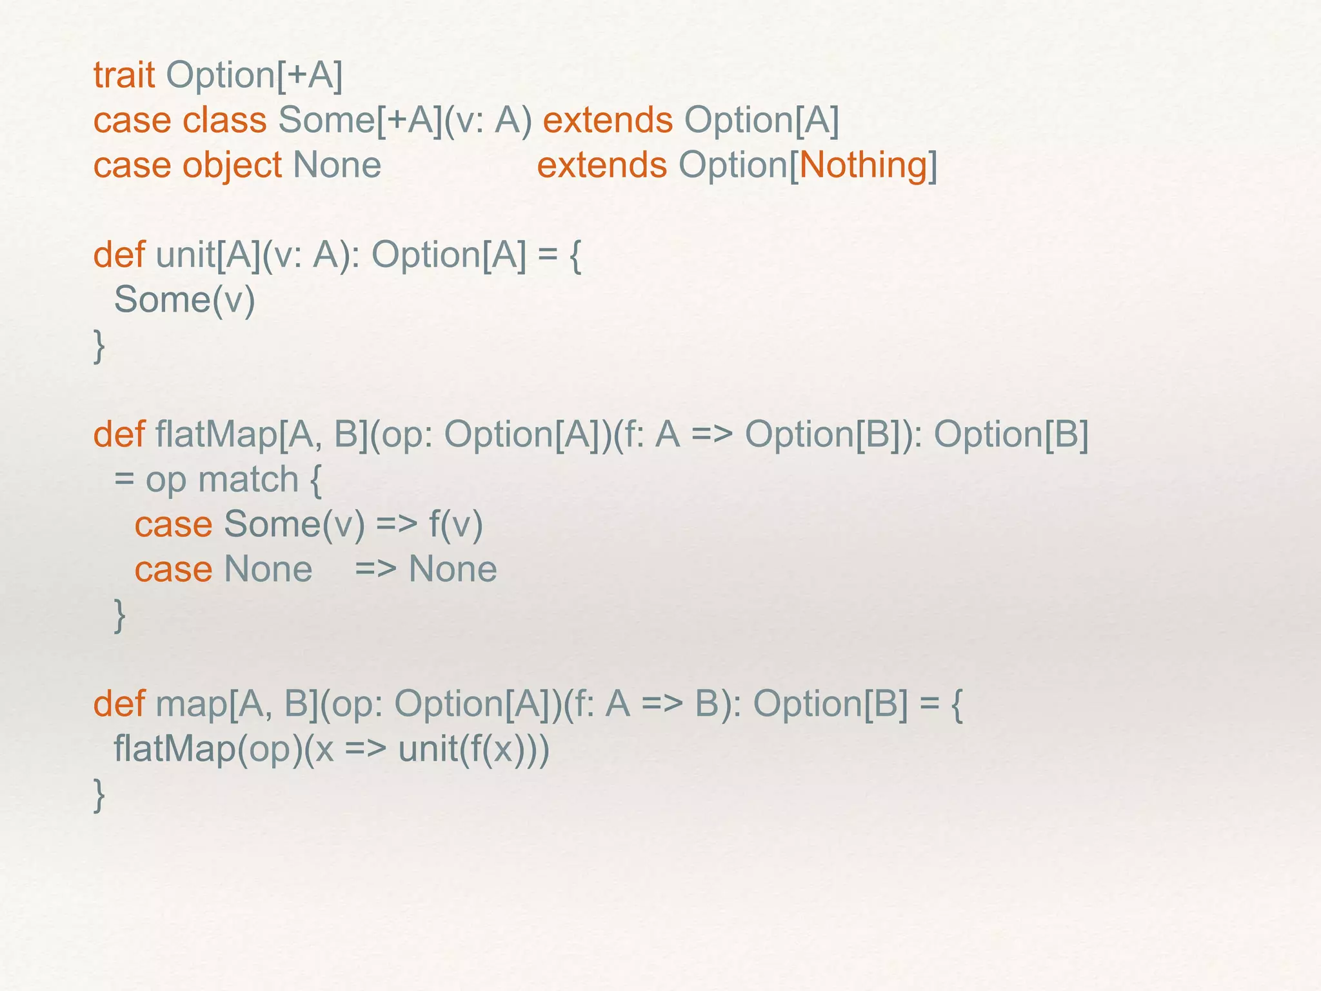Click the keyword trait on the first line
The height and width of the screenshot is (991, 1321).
tap(124, 75)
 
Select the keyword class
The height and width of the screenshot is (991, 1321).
tap(224, 121)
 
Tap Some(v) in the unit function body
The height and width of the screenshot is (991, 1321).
tap(184, 300)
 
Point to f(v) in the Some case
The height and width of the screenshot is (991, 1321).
tap(455, 524)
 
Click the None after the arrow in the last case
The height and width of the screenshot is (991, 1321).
tap(453, 569)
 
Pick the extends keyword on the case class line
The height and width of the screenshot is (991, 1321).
tap(608, 121)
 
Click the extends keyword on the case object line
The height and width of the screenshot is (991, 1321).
tap(602, 165)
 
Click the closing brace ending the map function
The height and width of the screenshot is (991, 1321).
tap(99, 795)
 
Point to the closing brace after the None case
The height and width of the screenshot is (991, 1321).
tap(119, 616)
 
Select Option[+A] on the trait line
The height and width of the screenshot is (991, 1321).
tap(254, 75)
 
